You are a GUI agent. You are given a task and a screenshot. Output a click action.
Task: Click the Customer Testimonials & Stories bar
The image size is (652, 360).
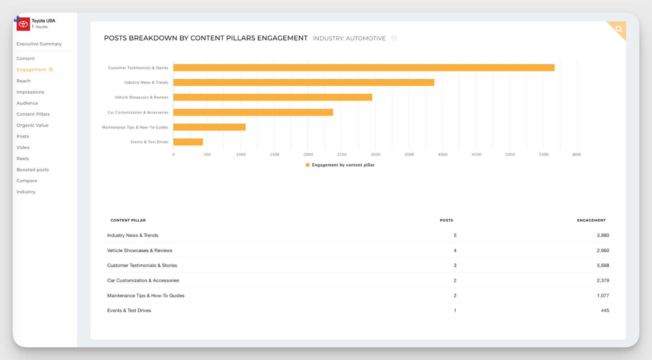pyautogui.click(x=364, y=67)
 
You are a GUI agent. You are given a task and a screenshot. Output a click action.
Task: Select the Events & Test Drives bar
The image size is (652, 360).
pyautogui.click(x=188, y=142)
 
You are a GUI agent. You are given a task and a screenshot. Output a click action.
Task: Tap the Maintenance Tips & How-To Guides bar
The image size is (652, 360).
pyautogui.click(x=209, y=127)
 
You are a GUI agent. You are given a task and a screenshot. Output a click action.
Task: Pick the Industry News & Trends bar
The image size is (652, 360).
pyautogui.click(x=304, y=82)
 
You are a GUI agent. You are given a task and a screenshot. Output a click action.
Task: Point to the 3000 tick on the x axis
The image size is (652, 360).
pyautogui.click(x=375, y=155)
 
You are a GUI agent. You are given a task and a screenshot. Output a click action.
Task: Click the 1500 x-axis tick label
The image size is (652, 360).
pyautogui.click(x=274, y=155)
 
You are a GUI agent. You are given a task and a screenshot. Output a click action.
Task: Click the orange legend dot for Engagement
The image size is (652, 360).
pyautogui.click(x=307, y=165)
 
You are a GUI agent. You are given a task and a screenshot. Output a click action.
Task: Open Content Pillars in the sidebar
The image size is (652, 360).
pyautogui.click(x=33, y=114)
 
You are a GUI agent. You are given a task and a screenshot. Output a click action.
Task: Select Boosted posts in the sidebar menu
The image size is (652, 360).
pyautogui.click(x=33, y=170)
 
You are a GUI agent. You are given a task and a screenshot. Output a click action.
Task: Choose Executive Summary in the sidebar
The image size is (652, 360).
pyautogui.click(x=39, y=44)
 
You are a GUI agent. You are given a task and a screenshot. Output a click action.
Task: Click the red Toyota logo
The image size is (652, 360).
pyautogui.click(x=23, y=24)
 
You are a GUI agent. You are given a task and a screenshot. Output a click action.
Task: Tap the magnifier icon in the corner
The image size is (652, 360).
pyautogui.click(x=618, y=29)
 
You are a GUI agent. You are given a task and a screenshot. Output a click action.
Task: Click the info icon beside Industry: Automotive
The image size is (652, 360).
pyautogui.click(x=394, y=38)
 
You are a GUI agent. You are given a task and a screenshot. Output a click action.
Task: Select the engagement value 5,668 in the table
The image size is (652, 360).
pyautogui.click(x=603, y=265)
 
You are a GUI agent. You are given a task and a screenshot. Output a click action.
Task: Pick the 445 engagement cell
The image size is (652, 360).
pyautogui.click(x=605, y=310)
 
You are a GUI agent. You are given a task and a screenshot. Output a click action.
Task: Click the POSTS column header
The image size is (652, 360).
pyautogui.click(x=446, y=220)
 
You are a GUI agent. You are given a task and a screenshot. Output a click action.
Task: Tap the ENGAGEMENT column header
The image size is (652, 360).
pyautogui.click(x=591, y=220)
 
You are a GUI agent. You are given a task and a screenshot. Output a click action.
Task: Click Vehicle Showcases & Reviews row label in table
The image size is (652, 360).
pyautogui.click(x=140, y=250)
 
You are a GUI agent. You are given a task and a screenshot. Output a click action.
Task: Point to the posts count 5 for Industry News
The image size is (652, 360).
pyautogui.click(x=455, y=235)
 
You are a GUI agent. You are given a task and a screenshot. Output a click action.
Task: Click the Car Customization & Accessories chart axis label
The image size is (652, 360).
pyautogui.click(x=138, y=112)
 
